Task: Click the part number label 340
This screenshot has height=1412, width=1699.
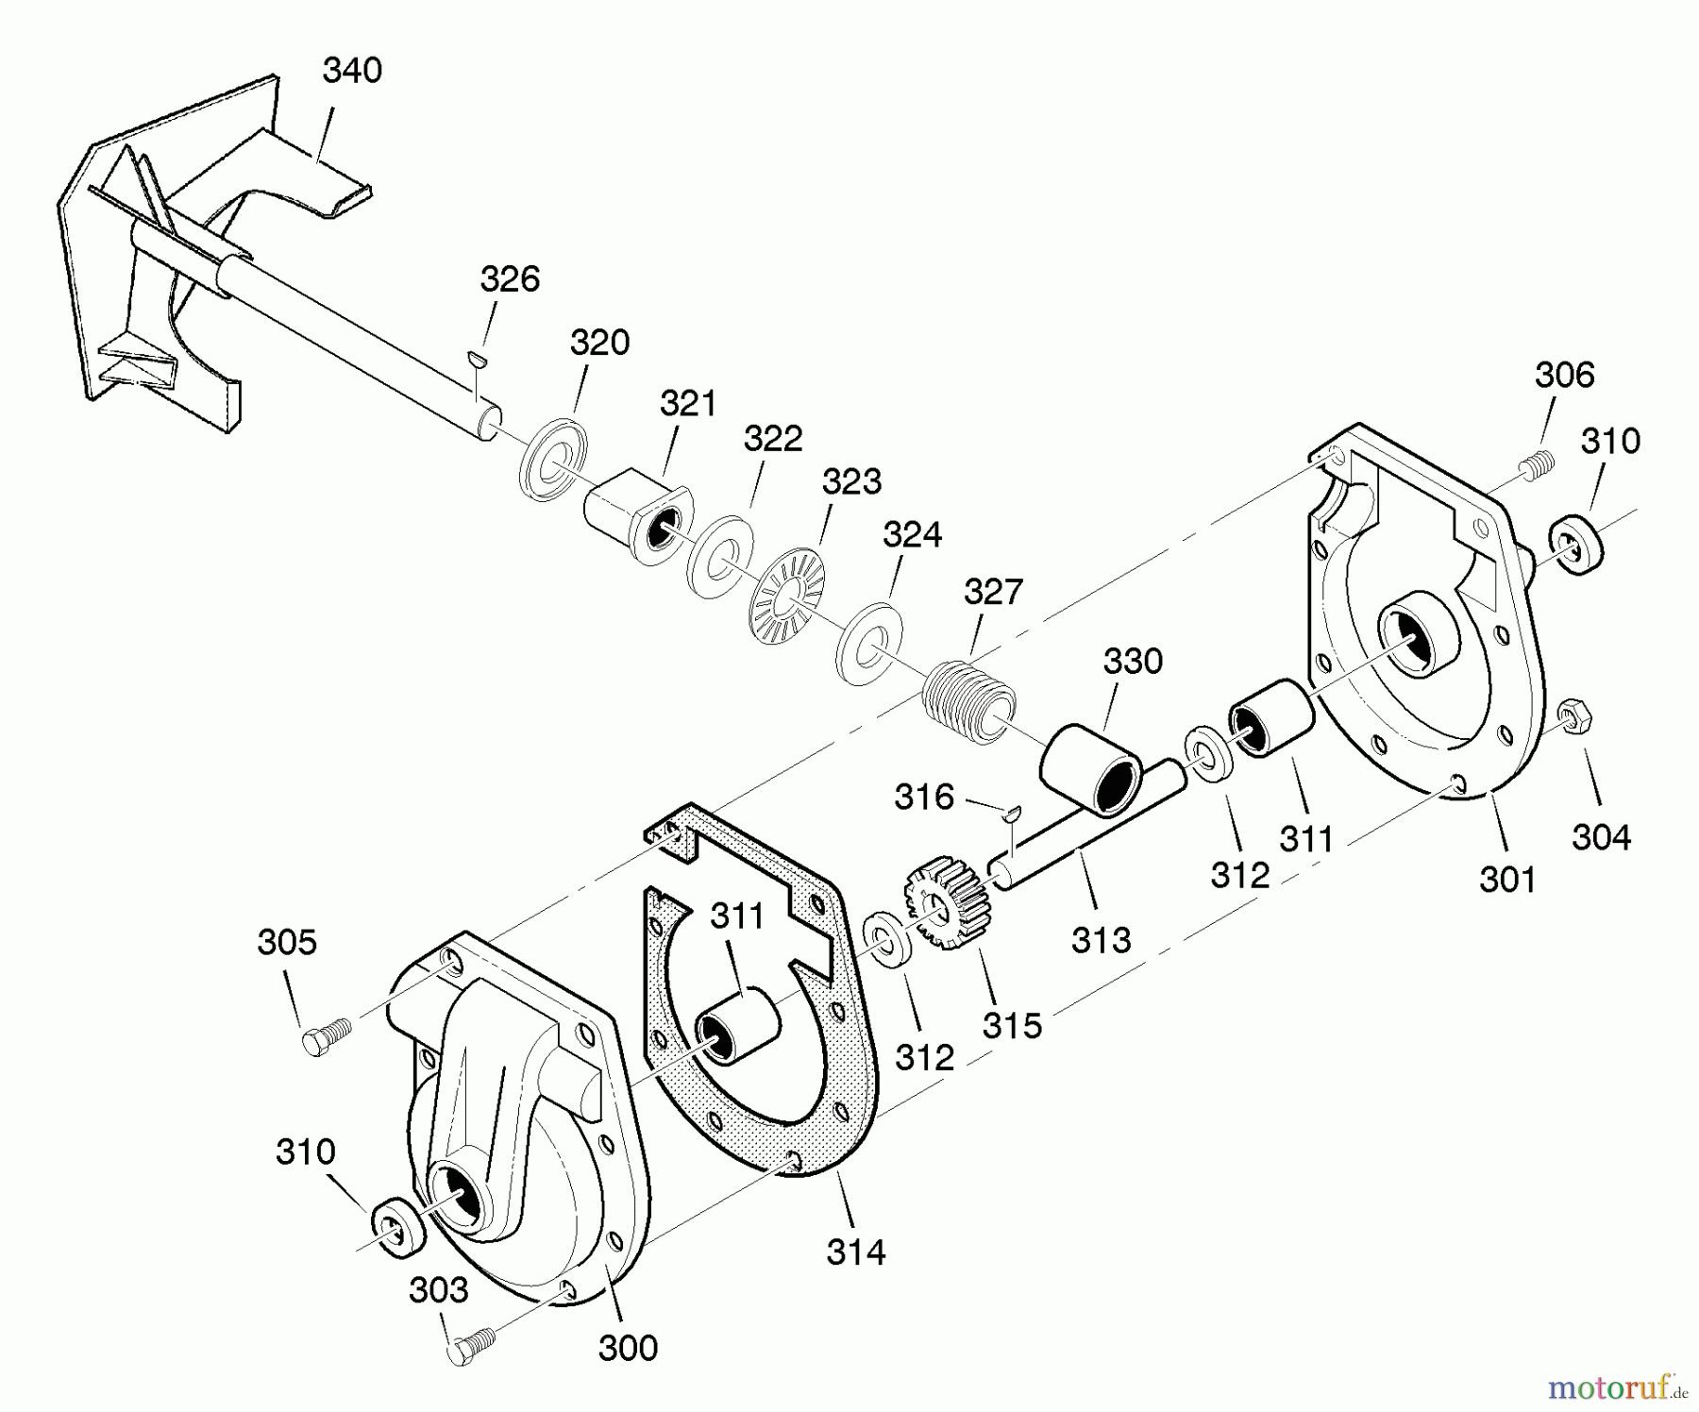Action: click(352, 71)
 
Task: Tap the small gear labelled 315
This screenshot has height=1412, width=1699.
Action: click(946, 902)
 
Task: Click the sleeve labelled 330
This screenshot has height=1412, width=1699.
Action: click(1091, 769)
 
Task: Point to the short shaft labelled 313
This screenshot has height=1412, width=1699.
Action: click(1085, 826)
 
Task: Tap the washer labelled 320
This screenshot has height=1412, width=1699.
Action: click(552, 458)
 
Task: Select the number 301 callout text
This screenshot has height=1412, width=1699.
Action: click(1507, 880)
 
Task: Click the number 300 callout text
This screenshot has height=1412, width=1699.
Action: click(628, 1348)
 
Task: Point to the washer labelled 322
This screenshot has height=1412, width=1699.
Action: click(719, 557)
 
